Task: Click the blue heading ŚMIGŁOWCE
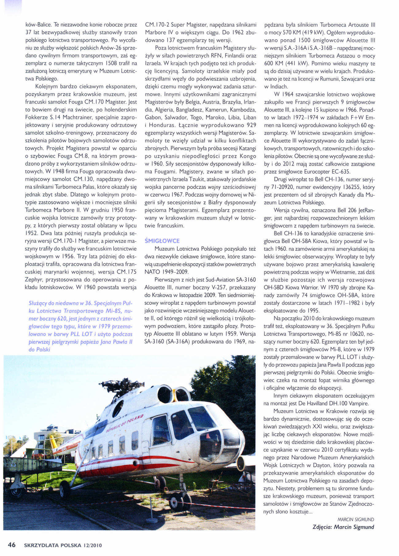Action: point(162,241)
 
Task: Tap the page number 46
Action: point(12,545)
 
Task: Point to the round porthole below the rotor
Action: point(118,408)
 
